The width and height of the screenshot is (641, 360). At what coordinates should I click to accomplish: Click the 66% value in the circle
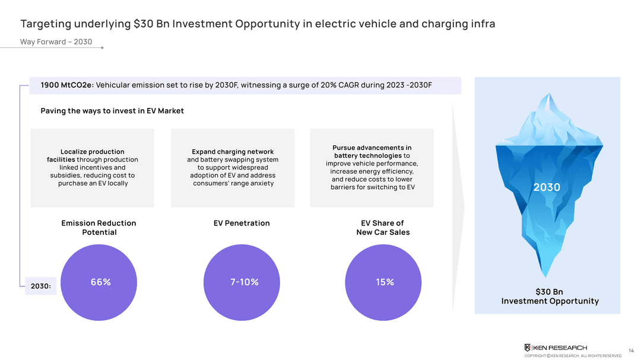click(x=100, y=282)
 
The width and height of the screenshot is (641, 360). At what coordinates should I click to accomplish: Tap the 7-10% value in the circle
click(x=245, y=282)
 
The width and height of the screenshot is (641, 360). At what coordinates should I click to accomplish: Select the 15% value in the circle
click(x=385, y=282)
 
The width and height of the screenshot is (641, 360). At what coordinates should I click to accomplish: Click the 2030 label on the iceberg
click(x=547, y=187)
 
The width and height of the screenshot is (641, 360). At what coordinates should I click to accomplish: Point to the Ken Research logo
click(x=556, y=348)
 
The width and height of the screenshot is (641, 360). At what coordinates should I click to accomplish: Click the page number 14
click(x=630, y=350)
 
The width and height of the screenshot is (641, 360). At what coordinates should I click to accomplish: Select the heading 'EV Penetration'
click(x=242, y=224)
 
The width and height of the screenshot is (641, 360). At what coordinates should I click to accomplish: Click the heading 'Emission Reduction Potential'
click(x=99, y=228)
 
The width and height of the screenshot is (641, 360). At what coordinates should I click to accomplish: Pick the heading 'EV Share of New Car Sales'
click(x=383, y=228)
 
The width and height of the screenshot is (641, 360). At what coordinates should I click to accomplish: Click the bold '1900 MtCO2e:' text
click(x=67, y=85)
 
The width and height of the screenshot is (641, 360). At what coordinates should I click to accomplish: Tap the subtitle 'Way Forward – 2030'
click(x=56, y=42)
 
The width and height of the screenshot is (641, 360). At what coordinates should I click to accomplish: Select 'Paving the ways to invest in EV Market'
click(x=112, y=111)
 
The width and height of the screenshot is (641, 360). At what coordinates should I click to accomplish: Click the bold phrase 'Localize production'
click(x=92, y=152)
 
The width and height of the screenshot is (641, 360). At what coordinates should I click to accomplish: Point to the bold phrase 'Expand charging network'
click(x=233, y=152)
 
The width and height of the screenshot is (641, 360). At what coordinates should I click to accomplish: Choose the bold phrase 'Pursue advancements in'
click(x=372, y=148)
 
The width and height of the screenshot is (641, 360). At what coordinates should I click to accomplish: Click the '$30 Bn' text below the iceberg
click(x=549, y=292)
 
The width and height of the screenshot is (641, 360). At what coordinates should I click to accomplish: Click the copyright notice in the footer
click(x=572, y=356)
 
